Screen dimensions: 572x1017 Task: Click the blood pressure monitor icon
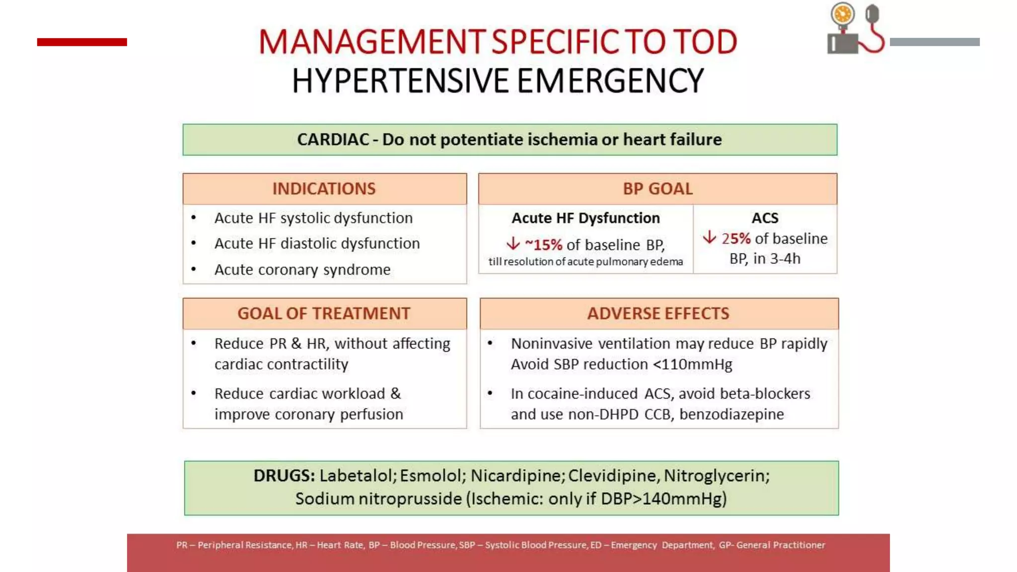click(x=855, y=29)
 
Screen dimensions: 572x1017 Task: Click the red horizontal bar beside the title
click(x=82, y=42)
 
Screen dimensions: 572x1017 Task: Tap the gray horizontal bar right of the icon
click(x=935, y=42)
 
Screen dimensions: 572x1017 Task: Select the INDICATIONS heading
click(x=324, y=189)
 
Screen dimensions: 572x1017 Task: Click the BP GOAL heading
click(x=657, y=189)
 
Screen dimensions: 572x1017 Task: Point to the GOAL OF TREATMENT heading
click(x=324, y=314)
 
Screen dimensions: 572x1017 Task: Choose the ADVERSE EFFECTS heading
click(x=658, y=314)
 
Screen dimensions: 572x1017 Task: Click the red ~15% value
click(x=544, y=245)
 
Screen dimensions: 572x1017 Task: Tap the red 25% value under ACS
click(x=736, y=239)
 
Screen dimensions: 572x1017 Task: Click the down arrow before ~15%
click(x=513, y=244)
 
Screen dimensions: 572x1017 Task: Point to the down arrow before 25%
click(x=710, y=237)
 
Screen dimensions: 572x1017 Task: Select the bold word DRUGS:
click(x=284, y=476)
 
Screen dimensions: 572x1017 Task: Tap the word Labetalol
click(x=356, y=476)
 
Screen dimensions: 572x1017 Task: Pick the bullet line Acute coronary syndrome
click(x=302, y=270)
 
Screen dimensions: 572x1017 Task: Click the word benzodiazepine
click(x=731, y=414)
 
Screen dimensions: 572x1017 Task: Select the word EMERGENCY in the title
click(x=610, y=81)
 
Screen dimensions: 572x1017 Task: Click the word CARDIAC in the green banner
click(x=333, y=140)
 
